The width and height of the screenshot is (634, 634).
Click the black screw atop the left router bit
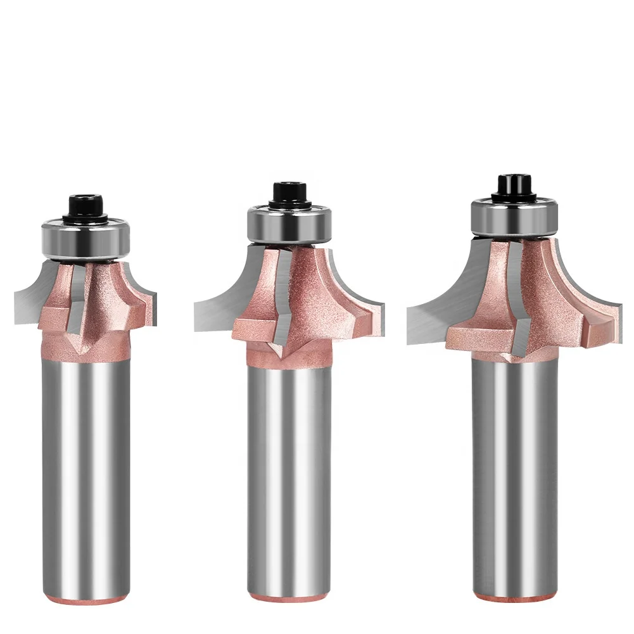87,207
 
